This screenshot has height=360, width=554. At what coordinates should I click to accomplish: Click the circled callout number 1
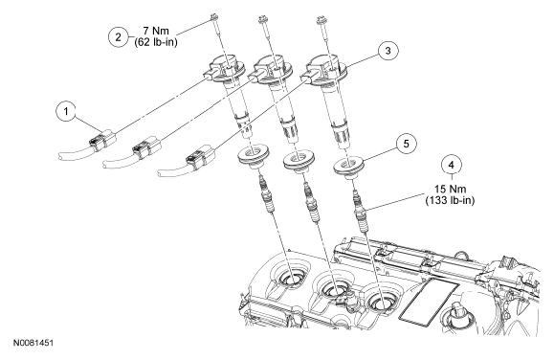click(66, 112)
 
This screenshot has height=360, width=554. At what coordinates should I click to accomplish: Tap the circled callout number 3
click(388, 51)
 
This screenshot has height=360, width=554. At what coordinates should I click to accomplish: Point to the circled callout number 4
click(452, 165)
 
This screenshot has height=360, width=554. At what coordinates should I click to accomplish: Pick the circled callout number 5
click(406, 144)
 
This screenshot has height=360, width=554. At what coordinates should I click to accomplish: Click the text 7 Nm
click(156, 31)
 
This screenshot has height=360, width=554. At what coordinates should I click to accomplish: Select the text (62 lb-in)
click(156, 42)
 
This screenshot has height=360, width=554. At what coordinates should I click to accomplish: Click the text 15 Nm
click(450, 189)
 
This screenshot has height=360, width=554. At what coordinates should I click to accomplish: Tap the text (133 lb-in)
click(450, 200)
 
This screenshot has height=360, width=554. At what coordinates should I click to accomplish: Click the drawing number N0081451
click(33, 343)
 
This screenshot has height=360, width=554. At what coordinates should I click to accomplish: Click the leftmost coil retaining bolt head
click(213, 15)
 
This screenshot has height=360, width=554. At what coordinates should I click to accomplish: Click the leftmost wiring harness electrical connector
click(101, 141)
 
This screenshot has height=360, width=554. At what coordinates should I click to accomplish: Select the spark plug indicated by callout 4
click(361, 213)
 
